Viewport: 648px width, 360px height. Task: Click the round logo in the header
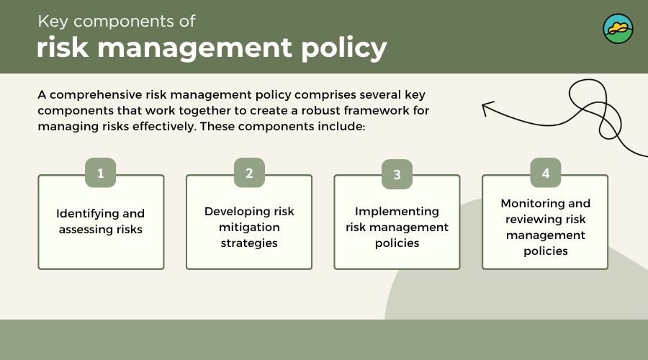click(618, 29)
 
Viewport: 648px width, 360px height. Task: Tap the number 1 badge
click(100, 173)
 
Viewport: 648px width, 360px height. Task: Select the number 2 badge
click(249, 173)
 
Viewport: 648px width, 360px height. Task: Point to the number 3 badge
click(397, 174)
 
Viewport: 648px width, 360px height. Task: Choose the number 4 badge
click(546, 173)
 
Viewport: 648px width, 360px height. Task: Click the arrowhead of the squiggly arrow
click(487, 107)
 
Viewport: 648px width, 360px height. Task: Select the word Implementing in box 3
click(397, 212)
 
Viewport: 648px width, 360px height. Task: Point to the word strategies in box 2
click(249, 243)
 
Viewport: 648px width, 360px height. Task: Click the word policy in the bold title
click(344, 48)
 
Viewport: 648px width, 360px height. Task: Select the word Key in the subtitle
click(53, 22)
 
